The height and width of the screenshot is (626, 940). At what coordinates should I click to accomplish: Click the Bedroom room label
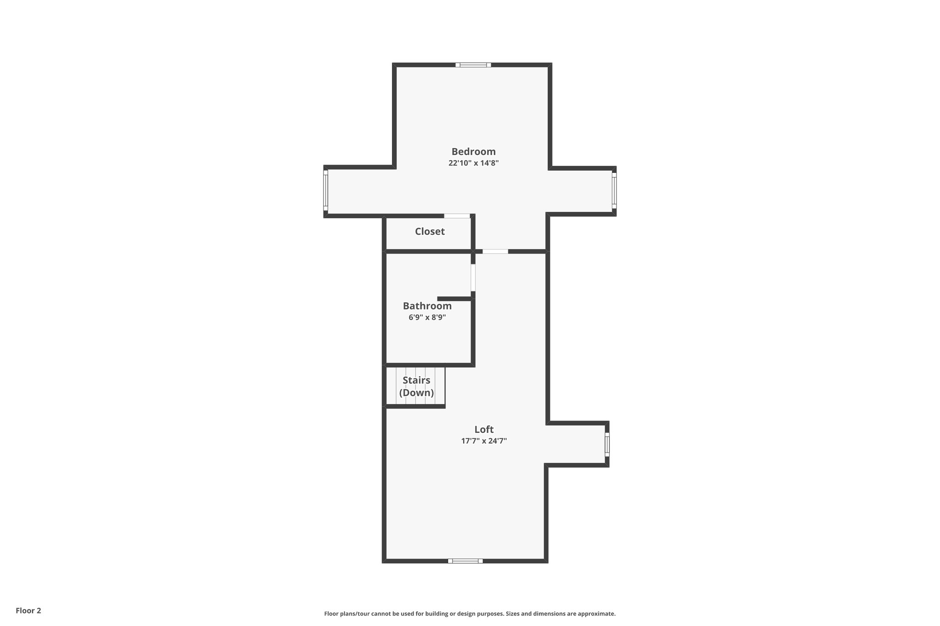tap(473, 151)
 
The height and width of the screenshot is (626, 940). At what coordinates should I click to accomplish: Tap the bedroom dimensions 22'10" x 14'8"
tap(473, 163)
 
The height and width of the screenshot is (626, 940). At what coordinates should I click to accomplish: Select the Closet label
tap(430, 232)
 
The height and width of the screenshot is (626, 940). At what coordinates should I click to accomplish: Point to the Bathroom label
tap(427, 306)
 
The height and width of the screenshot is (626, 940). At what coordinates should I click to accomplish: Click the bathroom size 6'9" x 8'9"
tap(427, 317)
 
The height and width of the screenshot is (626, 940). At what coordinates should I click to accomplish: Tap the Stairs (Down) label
tap(416, 387)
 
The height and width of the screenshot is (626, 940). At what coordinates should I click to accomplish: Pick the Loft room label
tap(484, 429)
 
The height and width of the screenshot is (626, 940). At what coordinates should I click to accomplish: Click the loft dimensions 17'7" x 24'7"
tap(484, 441)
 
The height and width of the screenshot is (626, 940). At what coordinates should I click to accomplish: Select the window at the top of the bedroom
tap(473, 65)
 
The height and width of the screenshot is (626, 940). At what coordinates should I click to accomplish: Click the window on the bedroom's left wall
tap(326, 190)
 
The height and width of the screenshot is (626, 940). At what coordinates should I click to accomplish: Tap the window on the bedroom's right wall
tap(614, 190)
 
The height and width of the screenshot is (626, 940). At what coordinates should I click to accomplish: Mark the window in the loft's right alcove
tap(607, 444)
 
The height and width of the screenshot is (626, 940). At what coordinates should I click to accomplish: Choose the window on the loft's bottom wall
tap(465, 560)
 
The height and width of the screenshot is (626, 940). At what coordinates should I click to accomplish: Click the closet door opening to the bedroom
tap(457, 216)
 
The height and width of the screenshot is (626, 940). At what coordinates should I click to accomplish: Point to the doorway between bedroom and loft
tap(495, 251)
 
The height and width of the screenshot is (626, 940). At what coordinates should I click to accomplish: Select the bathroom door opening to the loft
tap(473, 277)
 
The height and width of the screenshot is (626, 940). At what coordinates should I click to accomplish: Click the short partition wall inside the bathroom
tap(454, 299)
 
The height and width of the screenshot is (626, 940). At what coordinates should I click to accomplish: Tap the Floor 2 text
tap(28, 610)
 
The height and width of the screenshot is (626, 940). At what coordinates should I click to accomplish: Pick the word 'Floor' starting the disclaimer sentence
tap(331, 614)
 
